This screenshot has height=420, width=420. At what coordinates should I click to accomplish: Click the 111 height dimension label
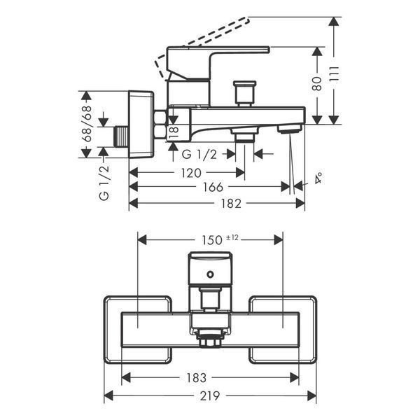click(x=335, y=74)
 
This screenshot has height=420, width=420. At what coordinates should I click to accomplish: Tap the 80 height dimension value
click(x=318, y=84)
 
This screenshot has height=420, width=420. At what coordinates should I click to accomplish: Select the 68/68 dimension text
click(x=87, y=123)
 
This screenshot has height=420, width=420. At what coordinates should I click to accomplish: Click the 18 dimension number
click(x=174, y=133)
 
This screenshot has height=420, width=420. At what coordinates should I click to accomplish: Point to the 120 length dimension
click(x=191, y=173)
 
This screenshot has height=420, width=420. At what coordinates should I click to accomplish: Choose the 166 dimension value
click(x=213, y=187)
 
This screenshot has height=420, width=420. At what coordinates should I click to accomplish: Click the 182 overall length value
click(x=231, y=204)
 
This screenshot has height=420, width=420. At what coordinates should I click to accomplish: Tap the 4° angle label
click(x=318, y=178)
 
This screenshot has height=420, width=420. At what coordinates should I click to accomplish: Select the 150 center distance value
click(x=212, y=240)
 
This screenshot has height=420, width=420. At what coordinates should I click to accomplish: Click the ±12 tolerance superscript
click(x=232, y=237)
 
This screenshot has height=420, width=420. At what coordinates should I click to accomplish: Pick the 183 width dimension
click(x=196, y=378)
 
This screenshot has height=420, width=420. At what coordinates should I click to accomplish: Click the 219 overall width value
click(x=210, y=396)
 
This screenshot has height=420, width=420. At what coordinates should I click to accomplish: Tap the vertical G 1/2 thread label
click(x=104, y=183)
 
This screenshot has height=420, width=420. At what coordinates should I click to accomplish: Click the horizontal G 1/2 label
click(x=199, y=155)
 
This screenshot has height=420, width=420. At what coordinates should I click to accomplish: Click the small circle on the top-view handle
click(x=210, y=274)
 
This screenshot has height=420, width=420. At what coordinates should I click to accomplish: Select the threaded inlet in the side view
click(x=122, y=136)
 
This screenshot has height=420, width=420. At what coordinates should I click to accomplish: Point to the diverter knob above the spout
click(x=244, y=93)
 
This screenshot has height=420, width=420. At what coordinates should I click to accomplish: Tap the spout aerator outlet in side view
click(x=289, y=129)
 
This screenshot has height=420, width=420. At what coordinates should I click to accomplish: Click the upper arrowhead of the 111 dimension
click(x=334, y=22)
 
